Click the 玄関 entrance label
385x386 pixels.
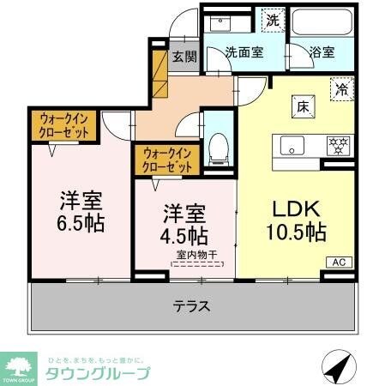pos(183,57)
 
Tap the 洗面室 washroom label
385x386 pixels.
pos(244,51)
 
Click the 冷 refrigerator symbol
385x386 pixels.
pos(341,87)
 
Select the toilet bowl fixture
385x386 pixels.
pos(219,148)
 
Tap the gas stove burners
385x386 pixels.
pos(334,145)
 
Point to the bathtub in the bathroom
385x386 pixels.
pos(322,21)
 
